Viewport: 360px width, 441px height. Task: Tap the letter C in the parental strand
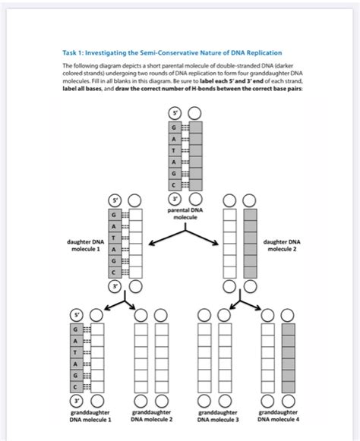click(x=175, y=186)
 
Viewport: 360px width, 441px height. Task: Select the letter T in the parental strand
click(x=175, y=150)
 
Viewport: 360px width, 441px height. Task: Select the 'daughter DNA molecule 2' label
click(x=280, y=246)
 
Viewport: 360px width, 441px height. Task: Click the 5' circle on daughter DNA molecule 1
click(x=116, y=201)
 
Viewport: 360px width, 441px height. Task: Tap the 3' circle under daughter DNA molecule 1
click(x=116, y=287)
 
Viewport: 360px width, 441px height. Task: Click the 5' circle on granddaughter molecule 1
click(x=75, y=314)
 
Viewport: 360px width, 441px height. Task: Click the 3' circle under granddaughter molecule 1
click(x=75, y=401)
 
